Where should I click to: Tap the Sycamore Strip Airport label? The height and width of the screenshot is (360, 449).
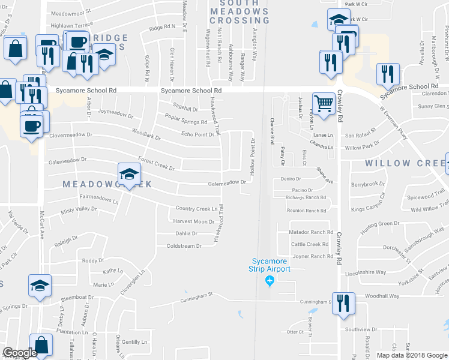tap(271, 265)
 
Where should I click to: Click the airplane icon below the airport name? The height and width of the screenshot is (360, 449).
tap(270, 280)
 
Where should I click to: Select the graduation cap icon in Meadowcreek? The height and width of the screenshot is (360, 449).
tap(128, 174)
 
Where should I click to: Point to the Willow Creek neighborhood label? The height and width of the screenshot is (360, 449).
tap(397, 163)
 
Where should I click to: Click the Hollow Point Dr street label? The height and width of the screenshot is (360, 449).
tap(253, 154)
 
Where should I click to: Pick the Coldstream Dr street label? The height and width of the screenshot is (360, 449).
tap(184, 246)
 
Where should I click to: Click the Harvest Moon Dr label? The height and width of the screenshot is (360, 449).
tap(193, 221)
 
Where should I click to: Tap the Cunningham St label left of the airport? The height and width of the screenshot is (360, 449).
tap(199, 295)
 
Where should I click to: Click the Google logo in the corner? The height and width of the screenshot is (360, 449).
tap(19, 353)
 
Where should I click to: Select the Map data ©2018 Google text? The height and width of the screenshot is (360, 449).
tap(412, 355)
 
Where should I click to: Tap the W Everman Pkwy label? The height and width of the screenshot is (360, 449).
tap(394, 124)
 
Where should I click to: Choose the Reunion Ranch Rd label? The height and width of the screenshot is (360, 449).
tap(306, 211)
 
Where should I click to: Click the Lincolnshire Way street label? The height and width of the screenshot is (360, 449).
tap(366, 272)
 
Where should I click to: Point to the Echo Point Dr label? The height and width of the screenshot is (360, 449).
tap(197, 134)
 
